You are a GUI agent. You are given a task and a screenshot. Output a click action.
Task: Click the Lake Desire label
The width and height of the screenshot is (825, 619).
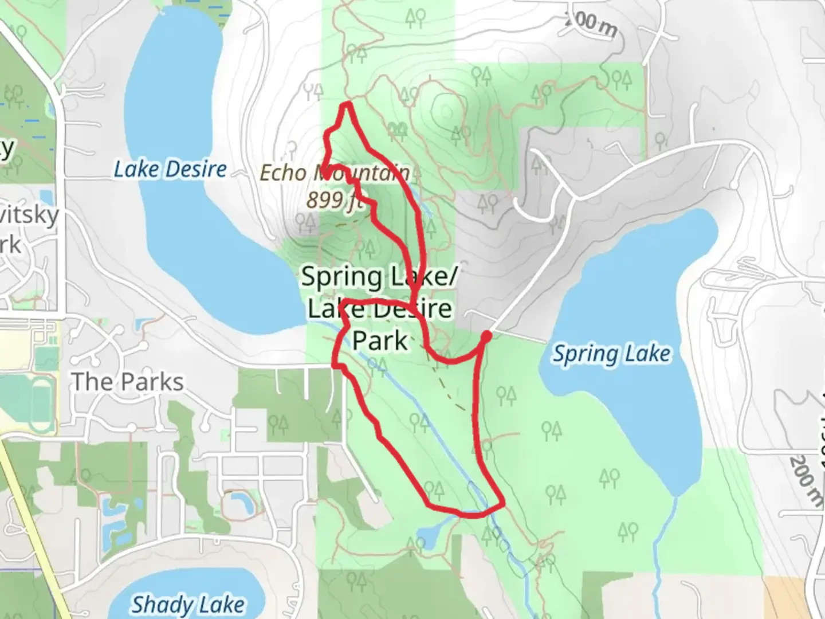pyautogui.click(x=170, y=169)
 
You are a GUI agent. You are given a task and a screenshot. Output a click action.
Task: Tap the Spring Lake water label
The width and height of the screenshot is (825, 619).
pyautogui.click(x=611, y=354)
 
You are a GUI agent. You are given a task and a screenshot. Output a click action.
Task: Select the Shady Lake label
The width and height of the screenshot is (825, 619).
pyautogui.click(x=188, y=604)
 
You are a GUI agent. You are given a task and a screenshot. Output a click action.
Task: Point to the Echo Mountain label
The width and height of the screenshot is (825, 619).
pyautogui.click(x=335, y=172)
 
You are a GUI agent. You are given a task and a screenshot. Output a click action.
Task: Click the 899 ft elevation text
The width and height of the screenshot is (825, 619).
pyautogui.click(x=334, y=199)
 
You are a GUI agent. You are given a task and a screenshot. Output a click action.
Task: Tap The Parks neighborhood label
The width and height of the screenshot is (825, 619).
pyautogui.click(x=127, y=382)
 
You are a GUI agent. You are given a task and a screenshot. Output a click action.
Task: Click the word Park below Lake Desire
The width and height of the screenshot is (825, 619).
pyautogui.click(x=380, y=340)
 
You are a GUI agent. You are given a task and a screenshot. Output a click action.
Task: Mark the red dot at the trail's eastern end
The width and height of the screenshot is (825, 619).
pyautogui.click(x=486, y=336)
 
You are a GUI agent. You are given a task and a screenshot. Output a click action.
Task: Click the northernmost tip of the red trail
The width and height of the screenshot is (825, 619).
pyautogui.click(x=347, y=104)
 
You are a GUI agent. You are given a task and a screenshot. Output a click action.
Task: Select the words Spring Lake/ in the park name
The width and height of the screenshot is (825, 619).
pyautogui.click(x=379, y=277)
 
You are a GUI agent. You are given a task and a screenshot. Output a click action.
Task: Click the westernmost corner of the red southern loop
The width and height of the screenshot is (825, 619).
pyautogui.click(x=335, y=363)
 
